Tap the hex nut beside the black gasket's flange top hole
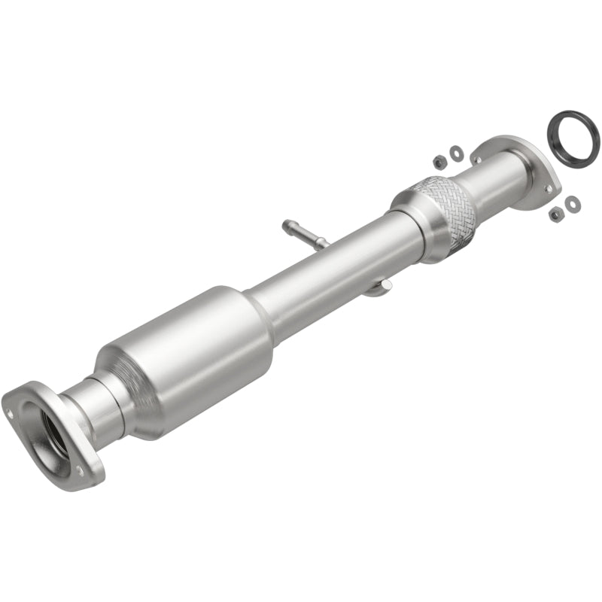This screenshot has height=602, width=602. (439, 160)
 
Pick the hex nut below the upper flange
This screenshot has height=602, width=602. (555, 214)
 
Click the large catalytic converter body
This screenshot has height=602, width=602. (184, 362)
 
